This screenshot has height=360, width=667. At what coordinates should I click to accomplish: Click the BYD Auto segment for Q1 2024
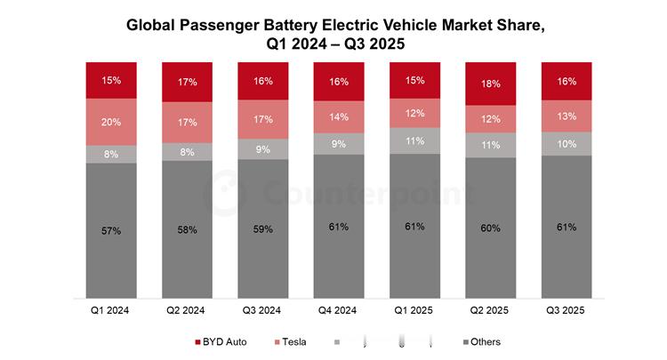pyautogui.click(x=111, y=80)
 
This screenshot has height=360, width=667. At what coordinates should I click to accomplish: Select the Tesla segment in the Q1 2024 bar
pyautogui.click(x=111, y=122)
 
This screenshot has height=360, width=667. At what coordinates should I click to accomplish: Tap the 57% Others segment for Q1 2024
pyautogui.click(x=111, y=230)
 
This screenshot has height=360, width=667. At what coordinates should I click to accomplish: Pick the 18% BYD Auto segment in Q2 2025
pyautogui.click(x=491, y=83)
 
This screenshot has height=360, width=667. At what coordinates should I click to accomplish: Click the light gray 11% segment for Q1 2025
pyautogui.click(x=414, y=140)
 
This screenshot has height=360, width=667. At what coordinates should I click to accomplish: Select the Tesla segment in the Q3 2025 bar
pyautogui.click(x=567, y=116)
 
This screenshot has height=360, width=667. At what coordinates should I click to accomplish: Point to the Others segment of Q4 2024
pyautogui.click(x=339, y=226)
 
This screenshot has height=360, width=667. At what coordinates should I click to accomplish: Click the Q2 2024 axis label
pyautogui.click(x=187, y=311)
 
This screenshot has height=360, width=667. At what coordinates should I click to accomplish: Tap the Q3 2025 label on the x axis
pyautogui.click(x=567, y=311)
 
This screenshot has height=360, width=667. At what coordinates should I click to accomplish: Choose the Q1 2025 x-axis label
pyautogui.click(x=414, y=311)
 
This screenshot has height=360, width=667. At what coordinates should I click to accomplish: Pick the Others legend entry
pyautogui.click(x=482, y=341)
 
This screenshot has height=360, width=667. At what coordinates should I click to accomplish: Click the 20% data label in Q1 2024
pyautogui.click(x=111, y=123)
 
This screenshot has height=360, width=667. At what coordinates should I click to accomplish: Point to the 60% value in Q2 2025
pyautogui.click(x=491, y=228)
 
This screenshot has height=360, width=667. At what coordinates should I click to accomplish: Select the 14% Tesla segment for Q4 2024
pyautogui.click(x=339, y=116)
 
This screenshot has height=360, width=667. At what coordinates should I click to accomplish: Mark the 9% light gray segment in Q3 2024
pyautogui.click(x=263, y=149)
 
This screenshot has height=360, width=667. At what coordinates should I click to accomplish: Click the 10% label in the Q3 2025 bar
pyautogui.click(x=567, y=144)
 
